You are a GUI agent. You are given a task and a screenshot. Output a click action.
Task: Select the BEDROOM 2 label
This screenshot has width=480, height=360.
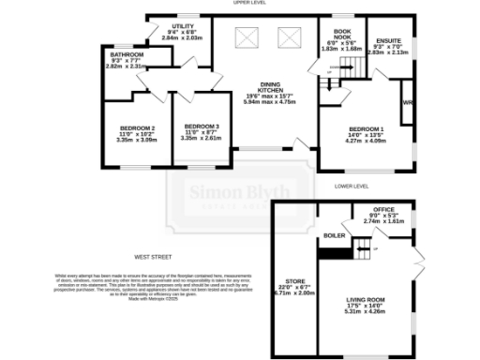(136, 127)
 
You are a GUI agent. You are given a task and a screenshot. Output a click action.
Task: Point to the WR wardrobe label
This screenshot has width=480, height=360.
(407, 101)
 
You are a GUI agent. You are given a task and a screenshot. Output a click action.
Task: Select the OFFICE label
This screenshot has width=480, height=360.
(383, 209)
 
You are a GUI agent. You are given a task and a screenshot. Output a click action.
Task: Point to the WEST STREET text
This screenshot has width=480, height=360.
(155, 255)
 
